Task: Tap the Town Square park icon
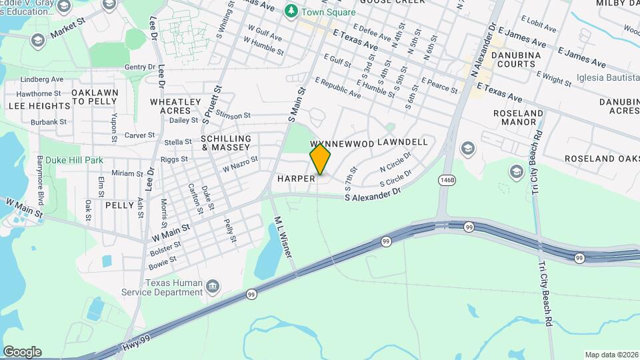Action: tap(291, 11)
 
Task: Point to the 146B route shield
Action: tap(447, 180)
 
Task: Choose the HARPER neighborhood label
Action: tap(296, 179)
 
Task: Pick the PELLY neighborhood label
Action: tap(120, 205)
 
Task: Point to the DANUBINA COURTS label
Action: tap(513, 59)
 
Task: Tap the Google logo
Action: tap(22, 352)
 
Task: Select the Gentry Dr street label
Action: tap(139, 67)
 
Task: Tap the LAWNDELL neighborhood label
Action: tap(402, 143)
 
